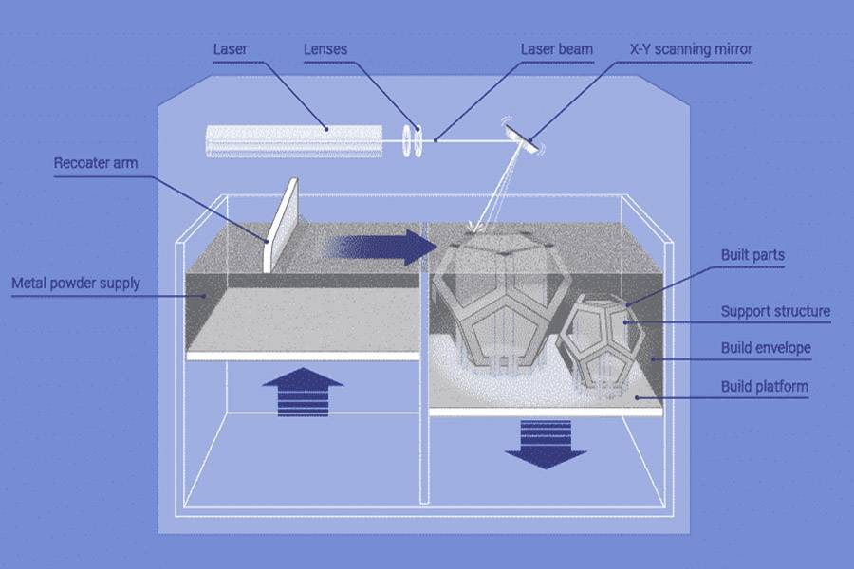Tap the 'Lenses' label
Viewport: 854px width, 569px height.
(325, 48)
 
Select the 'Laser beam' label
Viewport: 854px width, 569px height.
(557, 48)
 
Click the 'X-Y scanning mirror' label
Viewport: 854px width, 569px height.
(691, 48)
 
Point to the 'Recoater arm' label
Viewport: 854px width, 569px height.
(95, 163)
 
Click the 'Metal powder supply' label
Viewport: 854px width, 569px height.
(75, 283)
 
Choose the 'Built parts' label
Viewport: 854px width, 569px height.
(752, 256)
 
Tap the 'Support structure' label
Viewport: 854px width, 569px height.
(775, 311)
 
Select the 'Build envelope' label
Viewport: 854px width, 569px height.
(766, 348)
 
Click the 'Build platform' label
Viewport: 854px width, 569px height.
(764, 386)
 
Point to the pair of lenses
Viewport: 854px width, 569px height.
(411, 140)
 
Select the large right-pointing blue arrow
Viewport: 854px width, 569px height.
(379, 247)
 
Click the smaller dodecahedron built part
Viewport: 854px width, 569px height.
(603, 341)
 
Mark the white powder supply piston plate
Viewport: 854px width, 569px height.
(304, 356)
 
